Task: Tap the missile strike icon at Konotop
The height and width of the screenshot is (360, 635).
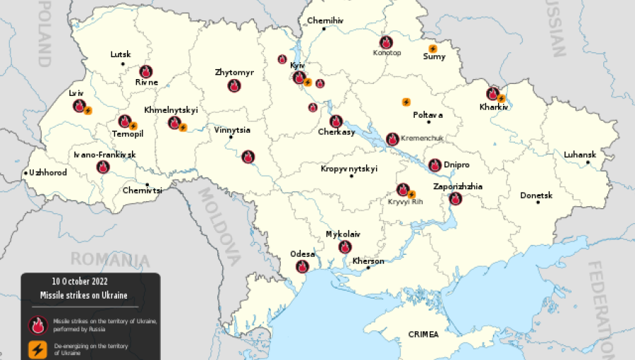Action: [x=386, y=42]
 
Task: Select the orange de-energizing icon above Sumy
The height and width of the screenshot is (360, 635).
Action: [x=433, y=48]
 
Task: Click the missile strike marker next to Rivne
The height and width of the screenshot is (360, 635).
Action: [x=145, y=71]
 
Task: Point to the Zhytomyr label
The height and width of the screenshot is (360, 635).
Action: [x=234, y=73]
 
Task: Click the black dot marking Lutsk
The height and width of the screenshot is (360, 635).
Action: [x=123, y=64]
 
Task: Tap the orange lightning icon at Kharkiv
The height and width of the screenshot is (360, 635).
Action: [x=502, y=98]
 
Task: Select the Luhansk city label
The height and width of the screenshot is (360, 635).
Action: [x=579, y=155]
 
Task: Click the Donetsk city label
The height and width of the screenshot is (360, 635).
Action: [x=536, y=195]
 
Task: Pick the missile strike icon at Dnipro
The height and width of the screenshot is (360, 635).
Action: [x=435, y=164]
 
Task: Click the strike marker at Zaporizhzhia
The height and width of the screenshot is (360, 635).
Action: [x=455, y=198]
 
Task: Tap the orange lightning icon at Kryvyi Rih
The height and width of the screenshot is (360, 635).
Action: [x=411, y=194]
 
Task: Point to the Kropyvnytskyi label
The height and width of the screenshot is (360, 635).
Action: [x=349, y=169]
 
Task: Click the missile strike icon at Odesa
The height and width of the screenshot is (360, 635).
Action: [x=302, y=266]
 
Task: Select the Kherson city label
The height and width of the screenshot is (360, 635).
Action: [x=368, y=261]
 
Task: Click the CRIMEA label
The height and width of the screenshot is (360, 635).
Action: [x=423, y=334]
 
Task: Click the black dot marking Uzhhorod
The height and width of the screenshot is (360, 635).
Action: [x=26, y=173]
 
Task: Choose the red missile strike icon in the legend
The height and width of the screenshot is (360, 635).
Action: [x=37, y=325]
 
